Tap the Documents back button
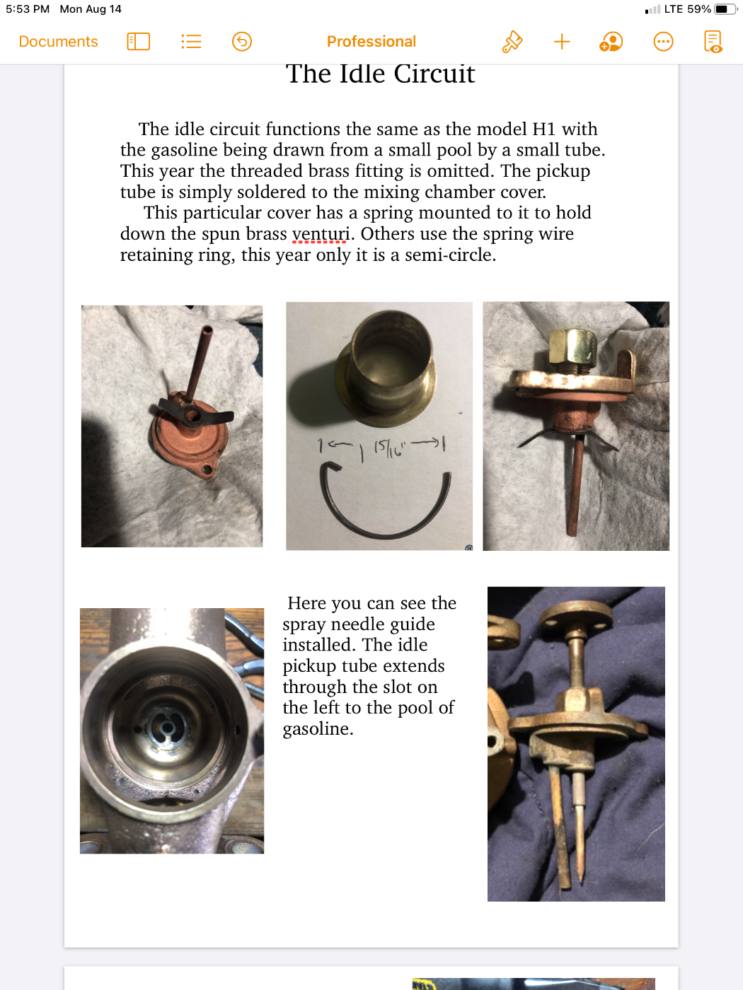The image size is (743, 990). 58,42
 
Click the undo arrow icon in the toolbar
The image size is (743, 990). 242,42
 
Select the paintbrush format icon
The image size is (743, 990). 512,42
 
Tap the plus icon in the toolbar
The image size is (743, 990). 562,42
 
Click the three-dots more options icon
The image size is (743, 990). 663,42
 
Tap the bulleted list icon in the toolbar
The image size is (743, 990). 191,42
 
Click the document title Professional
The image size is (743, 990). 371,42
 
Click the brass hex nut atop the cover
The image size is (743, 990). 573,347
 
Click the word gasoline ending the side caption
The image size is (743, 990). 318,729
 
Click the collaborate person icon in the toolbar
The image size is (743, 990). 611,42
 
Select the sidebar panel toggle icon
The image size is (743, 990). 139,42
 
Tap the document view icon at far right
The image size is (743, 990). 713,42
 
